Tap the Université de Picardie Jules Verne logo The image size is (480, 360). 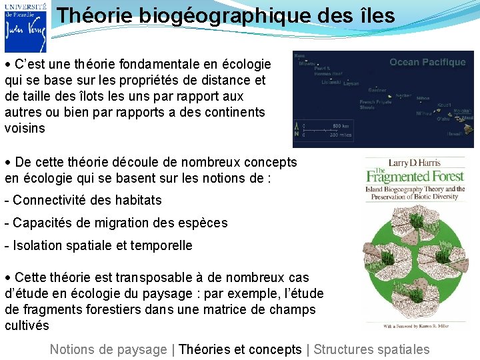pyautogui.click(x=25, y=27)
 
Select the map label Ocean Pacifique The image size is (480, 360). pyautogui.click(x=427, y=62)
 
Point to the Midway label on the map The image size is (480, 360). pyautogui.click(x=307, y=64)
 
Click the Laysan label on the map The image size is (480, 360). pyautogui.click(x=351, y=84)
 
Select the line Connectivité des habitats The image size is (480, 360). pyautogui.click(x=83, y=200)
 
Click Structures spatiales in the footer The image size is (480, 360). pyautogui.click(x=371, y=349)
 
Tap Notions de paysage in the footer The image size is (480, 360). pyautogui.click(x=108, y=349)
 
